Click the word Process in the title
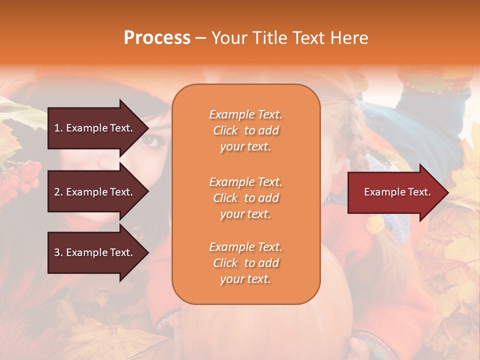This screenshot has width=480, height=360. [157, 38]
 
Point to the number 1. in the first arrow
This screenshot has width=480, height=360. [58, 128]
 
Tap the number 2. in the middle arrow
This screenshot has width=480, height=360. [58, 192]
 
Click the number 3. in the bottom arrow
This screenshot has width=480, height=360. [58, 252]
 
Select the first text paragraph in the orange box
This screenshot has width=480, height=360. [245, 130]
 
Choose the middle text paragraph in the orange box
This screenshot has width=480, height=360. [245, 198]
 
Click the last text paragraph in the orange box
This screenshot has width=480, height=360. [245, 263]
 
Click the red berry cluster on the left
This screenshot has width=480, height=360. [22, 177]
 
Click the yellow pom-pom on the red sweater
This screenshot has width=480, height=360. [374, 224]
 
